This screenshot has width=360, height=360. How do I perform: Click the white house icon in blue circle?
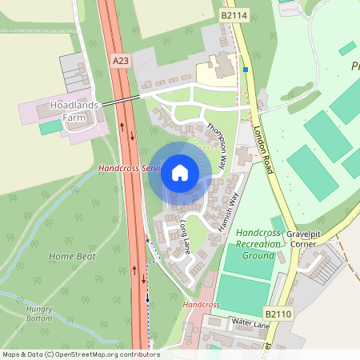(180, 173)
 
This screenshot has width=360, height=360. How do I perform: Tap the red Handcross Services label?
(128, 169)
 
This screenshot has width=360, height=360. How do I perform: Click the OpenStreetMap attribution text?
(81, 354)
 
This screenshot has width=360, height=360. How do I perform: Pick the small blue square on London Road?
(246, 70)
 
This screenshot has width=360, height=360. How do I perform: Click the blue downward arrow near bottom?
(147, 298)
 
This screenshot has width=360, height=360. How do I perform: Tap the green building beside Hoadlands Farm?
(50, 126)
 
